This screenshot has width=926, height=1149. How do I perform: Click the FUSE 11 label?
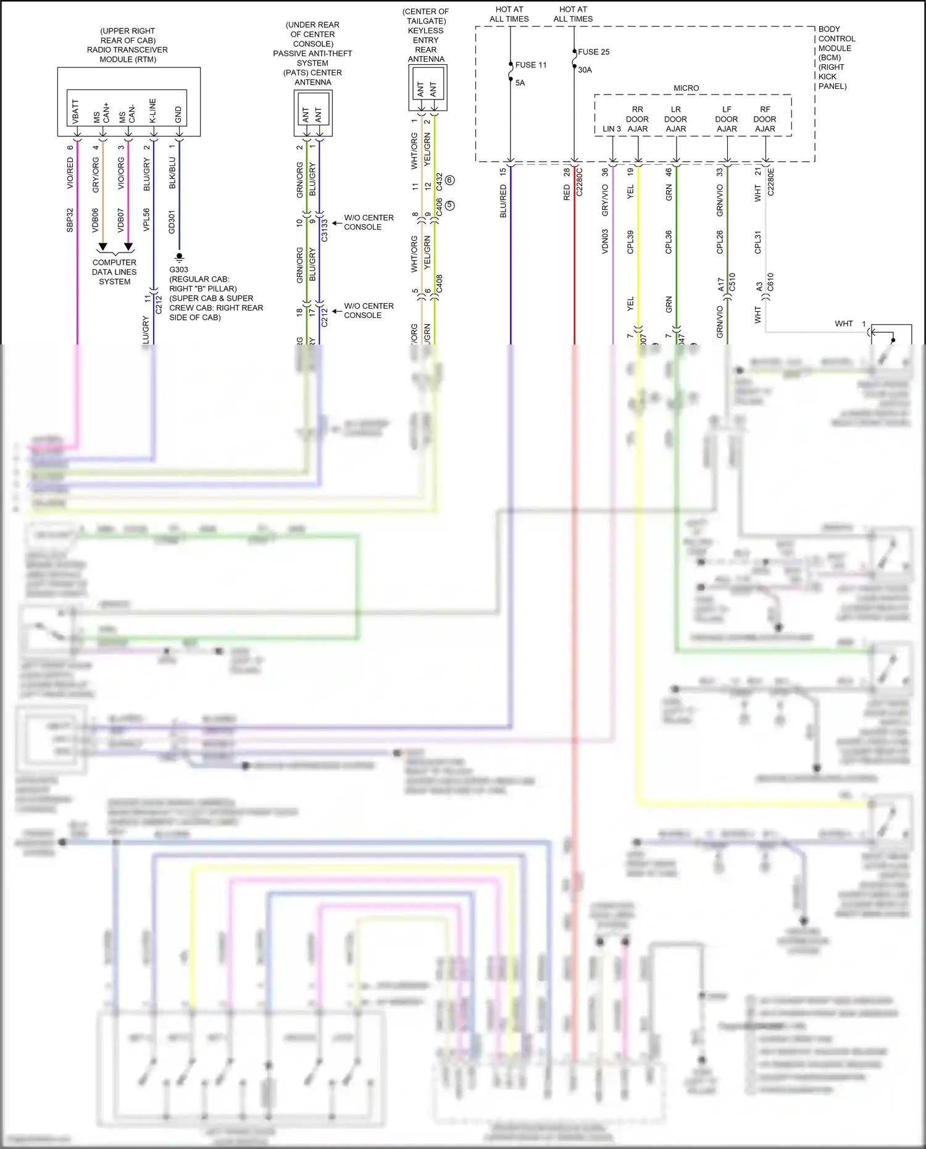[530, 65]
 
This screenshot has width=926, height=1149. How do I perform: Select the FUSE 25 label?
[593, 52]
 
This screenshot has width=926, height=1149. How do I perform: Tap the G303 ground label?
[178, 270]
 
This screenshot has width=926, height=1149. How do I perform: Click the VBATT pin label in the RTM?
[76, 112]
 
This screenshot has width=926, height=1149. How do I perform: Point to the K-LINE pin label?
[152, 111]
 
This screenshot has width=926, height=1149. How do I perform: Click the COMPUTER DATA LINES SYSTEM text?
[114, 272]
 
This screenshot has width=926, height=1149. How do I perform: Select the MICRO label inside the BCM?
[686, 88]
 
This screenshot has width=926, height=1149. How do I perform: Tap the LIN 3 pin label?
[611, 129]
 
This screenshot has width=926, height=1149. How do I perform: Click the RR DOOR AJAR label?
[637, 119]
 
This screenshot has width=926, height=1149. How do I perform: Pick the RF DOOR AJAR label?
[765, 119]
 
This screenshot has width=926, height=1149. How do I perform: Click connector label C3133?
[325, 230]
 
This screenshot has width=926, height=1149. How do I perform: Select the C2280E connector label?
[770, 182]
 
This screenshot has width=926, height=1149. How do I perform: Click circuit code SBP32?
[70, 220]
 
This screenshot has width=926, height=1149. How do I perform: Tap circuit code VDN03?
[605, 241]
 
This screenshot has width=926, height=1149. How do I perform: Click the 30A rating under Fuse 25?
[585, 70]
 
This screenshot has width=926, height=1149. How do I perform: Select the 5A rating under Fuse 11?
[520, 83]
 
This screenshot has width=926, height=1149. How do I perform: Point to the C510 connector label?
[732, 282]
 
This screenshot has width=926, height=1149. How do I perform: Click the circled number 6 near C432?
[449, 180]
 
